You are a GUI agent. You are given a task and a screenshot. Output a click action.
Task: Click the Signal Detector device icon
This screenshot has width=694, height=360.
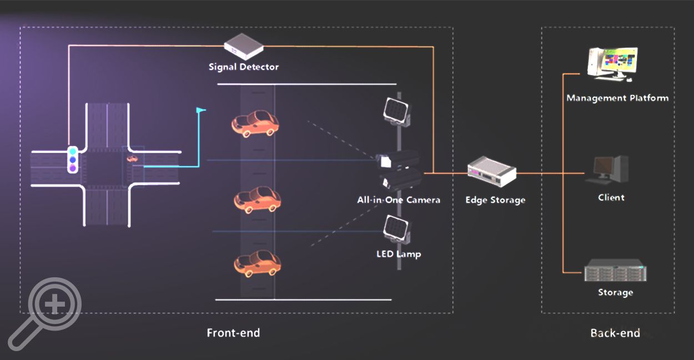pos(243,47)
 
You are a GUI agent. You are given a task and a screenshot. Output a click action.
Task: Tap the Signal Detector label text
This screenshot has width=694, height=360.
pos(244,67)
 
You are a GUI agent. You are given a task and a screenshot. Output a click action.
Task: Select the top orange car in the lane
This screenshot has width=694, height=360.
pos(255,123)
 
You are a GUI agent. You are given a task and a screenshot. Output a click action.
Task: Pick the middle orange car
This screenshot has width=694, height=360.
pos(257,199)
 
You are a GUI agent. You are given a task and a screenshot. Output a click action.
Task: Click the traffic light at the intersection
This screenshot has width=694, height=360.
pos(72,160)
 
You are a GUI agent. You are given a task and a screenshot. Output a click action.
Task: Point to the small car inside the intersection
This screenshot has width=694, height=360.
pos(133,159)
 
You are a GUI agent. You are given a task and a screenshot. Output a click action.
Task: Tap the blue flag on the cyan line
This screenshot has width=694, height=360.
pos(200,111)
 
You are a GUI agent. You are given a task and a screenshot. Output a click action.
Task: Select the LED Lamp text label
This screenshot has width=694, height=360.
pos(399,254)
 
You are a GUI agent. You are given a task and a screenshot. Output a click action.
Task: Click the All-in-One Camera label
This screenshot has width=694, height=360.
pos(399,200)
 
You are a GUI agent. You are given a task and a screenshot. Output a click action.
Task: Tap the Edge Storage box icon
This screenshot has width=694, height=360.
pos(491,171)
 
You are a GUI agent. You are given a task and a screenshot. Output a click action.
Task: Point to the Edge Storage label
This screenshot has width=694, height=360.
pos(495,200)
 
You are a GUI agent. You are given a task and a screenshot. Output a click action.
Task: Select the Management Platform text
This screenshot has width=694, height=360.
pos(617,98)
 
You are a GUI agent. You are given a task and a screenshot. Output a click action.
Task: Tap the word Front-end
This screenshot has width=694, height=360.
pos(233,333)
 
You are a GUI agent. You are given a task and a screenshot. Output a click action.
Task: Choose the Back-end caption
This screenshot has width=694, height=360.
pos(615,333)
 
